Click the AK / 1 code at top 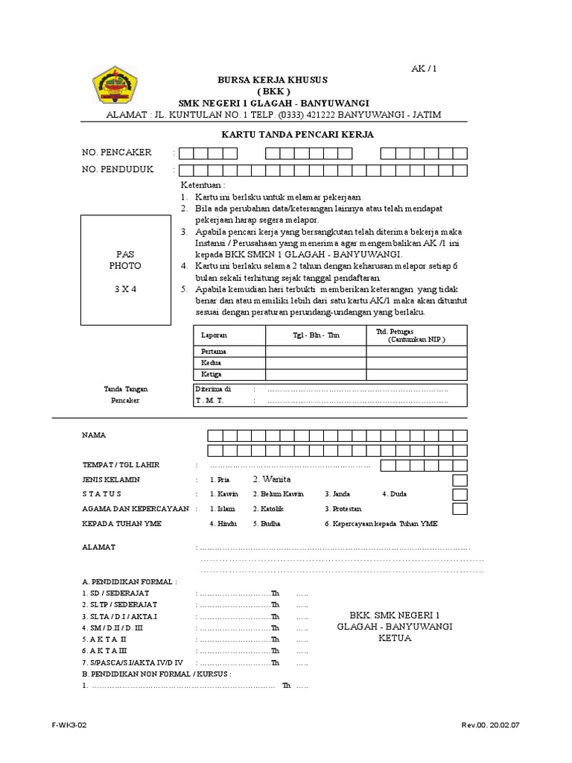pyautogui.click(x=424, y=69)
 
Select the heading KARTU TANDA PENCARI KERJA pyautogui.click(x=297, y=134)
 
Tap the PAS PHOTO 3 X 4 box pyautogui.click(x=125, y=270)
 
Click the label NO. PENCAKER pyautogui.click(x=117, y=153)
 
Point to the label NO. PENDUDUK pyautogui.click(x=118, y=169)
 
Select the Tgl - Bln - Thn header pyautogui.click(x=316, y=335)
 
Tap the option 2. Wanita pyautogui.click(x=271, y=479)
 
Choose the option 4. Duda pyautogui.click(x=395, y=494)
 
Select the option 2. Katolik pyautogui.click(x=269, y=509)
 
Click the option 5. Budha pyautogui.click(x=267, y=524)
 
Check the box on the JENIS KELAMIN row pyautogui.click(x=460, y=479)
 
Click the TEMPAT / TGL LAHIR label pyautogui.click(x=121, y=465)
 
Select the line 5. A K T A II pyautogui.click(x=104, y=639)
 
